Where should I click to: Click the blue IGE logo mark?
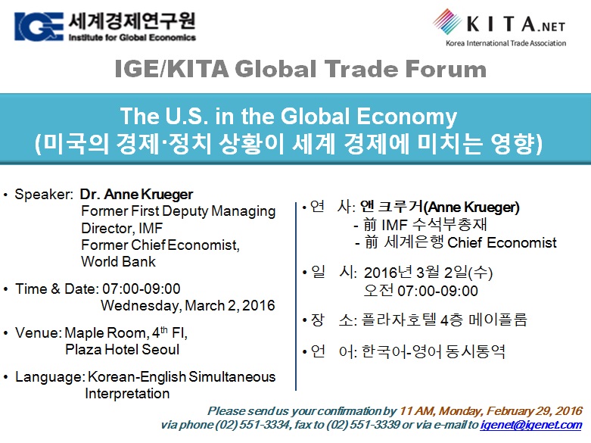(39, 26)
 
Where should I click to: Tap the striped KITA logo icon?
(447, 21)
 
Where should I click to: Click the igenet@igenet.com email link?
(531, 425)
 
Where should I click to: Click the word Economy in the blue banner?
(406, 117)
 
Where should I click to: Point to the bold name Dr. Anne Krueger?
(136, 195)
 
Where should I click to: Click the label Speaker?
(44, 195)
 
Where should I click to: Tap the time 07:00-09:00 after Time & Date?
(142, 289)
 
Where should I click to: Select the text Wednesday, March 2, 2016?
(188, 305)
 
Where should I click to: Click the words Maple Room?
(105, 332)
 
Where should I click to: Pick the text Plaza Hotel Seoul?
(122, 349)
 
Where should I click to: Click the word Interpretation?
(127, 394)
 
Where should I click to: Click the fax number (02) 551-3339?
(362, 425)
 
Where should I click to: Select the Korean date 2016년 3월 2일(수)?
(428, 273)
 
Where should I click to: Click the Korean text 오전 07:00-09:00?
(421, 291)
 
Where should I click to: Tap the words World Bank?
(118, 261)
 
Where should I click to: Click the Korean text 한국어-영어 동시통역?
(433, 351)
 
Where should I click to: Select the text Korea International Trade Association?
(505, 43)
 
